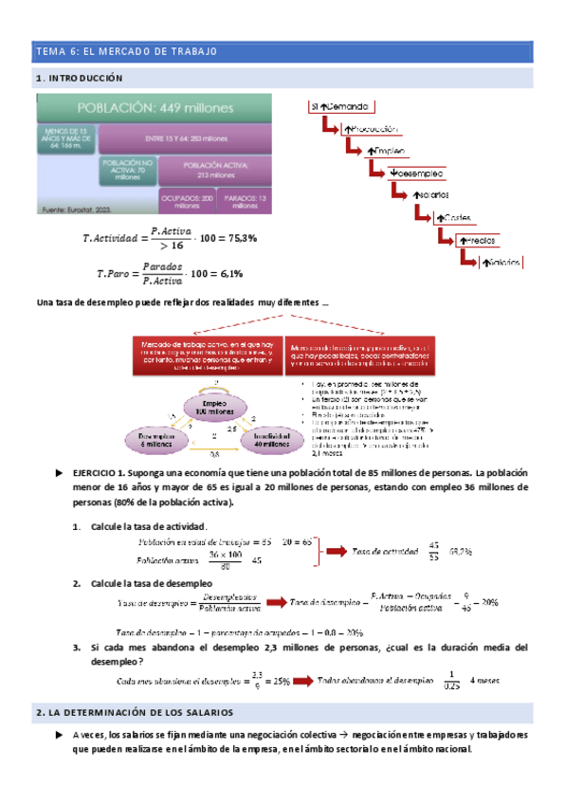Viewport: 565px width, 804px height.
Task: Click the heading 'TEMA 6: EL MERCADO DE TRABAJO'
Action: click(x=126, y=50)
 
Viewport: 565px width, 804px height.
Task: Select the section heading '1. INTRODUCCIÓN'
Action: click(x=79, y=78)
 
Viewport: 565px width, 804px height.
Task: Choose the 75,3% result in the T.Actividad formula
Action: click(x=237, y=238)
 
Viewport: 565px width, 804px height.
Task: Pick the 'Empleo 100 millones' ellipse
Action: click(x=219, y=407)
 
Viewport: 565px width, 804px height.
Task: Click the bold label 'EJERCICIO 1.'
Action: click(x=100, y=472)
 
